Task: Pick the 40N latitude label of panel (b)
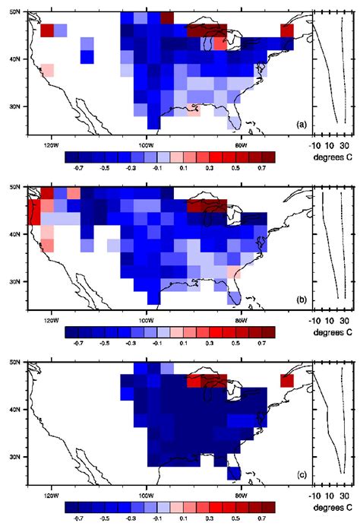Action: click(17, 236)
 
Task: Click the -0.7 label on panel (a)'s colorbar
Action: click(76, 166)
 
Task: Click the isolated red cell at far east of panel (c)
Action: click(286, 380)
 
